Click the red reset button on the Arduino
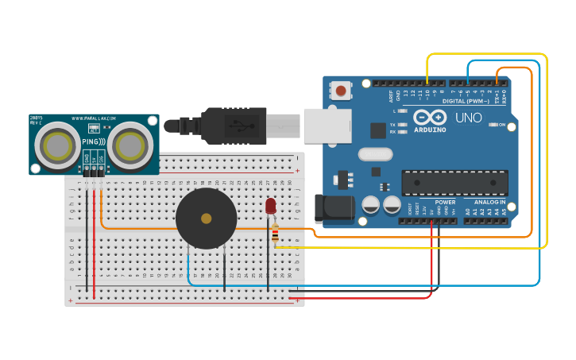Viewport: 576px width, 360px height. [341, 91]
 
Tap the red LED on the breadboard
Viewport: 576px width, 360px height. [270, 206]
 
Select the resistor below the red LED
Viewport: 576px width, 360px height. [275, 234]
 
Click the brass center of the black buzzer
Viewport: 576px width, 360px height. [207, 218]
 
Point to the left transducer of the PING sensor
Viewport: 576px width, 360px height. [57, 145]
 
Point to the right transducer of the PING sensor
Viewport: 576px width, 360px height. [130, 145]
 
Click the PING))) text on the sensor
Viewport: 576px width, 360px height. [93, 141]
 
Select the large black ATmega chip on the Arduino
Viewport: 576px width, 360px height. [454, 183]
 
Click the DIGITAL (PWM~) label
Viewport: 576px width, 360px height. [465, 101]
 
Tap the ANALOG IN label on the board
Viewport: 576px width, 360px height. [490, 202]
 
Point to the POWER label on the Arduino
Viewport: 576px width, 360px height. [445, 202]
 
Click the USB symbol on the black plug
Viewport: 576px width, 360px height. [236, 124]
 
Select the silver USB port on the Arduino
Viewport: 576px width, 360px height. [327, 125]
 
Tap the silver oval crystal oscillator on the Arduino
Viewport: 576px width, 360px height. [375, 154]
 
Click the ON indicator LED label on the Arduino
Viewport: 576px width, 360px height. [502, 125]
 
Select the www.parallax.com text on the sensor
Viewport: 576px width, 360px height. [95, 119]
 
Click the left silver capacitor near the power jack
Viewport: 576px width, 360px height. [371, 205]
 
